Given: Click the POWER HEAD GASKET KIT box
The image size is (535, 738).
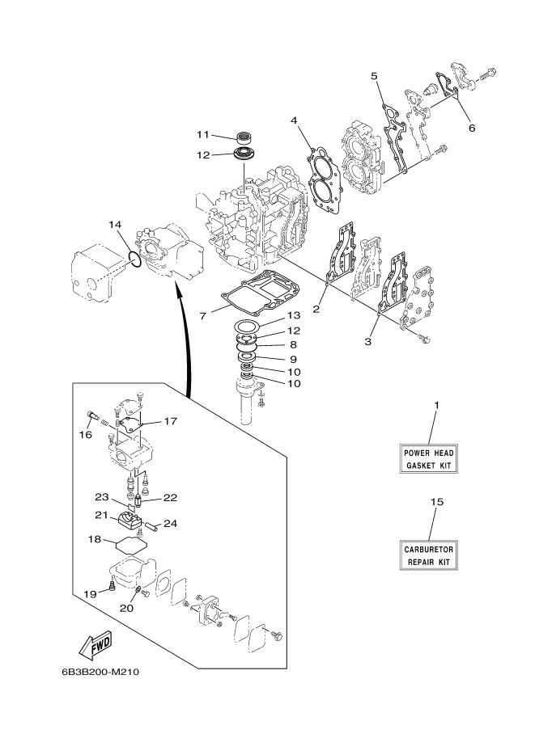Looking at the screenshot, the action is point(428,459).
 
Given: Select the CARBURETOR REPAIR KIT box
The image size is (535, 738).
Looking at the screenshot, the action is point(428,555).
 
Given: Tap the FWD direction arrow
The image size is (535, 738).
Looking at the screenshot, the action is point(95,644).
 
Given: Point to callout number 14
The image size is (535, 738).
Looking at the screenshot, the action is point(115,225).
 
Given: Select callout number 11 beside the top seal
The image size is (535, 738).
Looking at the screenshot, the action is point(202,135).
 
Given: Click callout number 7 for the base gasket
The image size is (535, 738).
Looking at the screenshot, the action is point(202,316).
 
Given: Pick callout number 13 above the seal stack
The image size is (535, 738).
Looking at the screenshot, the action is point(294,316).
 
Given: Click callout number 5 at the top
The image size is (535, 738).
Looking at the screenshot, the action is point(374,76).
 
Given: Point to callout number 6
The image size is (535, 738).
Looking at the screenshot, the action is point(472,128).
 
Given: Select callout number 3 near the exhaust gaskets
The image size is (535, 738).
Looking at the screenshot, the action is point(368,342).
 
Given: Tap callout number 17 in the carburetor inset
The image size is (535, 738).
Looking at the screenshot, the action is point(170,421).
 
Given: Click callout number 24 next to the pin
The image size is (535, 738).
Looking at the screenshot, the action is point(170,523).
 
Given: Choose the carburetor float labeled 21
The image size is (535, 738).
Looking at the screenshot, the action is point(127,521).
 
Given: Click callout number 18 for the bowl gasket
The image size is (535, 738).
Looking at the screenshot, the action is point(95,539).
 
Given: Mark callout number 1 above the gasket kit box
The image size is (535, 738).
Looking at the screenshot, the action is point(436,405).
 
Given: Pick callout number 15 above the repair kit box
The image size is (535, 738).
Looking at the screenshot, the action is point(437,502).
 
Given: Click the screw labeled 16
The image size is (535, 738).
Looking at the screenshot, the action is point(93,416).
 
